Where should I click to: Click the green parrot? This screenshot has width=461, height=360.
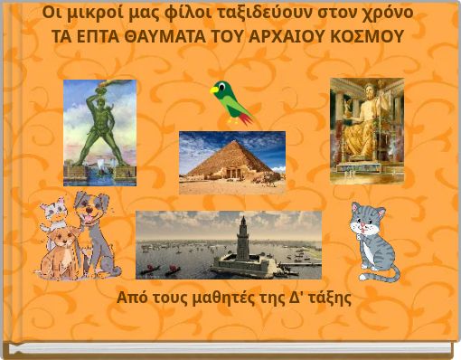pyautogui.click(x=230, y=101)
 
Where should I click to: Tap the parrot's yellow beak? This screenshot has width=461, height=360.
pyautogui.click(x=214, y=89)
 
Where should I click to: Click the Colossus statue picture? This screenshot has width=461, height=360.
pyautogui.click(x=99, y=131)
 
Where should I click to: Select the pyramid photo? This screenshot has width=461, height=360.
pyautogui.click(x=231, y=163)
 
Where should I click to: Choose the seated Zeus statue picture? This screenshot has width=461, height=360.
pyautogui.click(x=365, y=130)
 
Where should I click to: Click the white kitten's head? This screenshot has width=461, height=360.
pyautogui.click(x=54, y=210)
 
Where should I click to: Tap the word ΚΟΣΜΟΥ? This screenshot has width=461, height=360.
pyautogui.click(x=368, y=35)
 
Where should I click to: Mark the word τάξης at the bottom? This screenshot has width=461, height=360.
pyautogui.click(x=328, y=298)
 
